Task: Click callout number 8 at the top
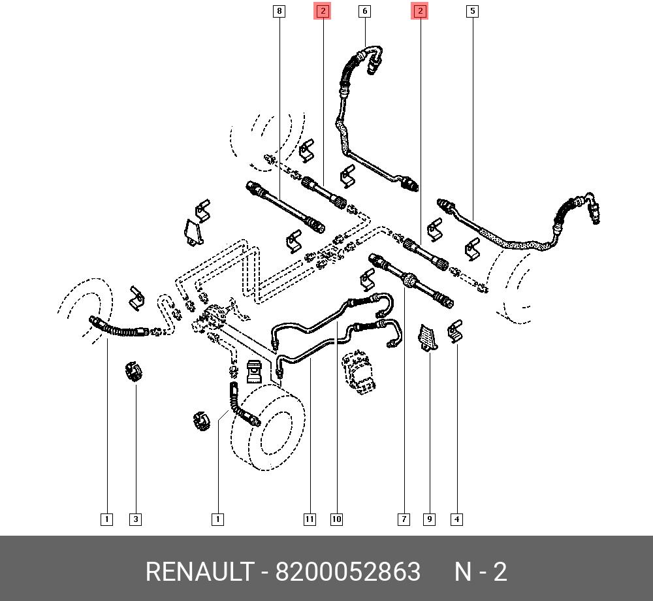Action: pos(279,11)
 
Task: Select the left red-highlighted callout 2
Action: pos(323,11)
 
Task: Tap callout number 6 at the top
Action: pos(365,11)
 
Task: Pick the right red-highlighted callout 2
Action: pos(420,11)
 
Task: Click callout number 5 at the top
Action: pos(472,11)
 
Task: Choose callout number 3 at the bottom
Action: pos(135,519)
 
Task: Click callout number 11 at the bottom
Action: pos(310,519)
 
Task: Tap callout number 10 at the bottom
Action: pos(336,519)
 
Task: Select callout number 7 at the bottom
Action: pos(404,519)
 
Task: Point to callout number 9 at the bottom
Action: pos(430,519)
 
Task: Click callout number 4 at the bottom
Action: pos(457,519)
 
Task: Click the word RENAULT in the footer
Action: pos(199,572)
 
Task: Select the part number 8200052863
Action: pos(348,572)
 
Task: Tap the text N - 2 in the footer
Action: pos(481,572)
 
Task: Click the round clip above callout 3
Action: pos(134,371)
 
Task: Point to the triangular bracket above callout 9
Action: pos(427,338)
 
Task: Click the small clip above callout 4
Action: pos(454,331)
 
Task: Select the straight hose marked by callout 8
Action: pos(286,207)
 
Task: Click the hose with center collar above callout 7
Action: pos(411,280)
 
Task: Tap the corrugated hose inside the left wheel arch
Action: pos(119,328)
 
